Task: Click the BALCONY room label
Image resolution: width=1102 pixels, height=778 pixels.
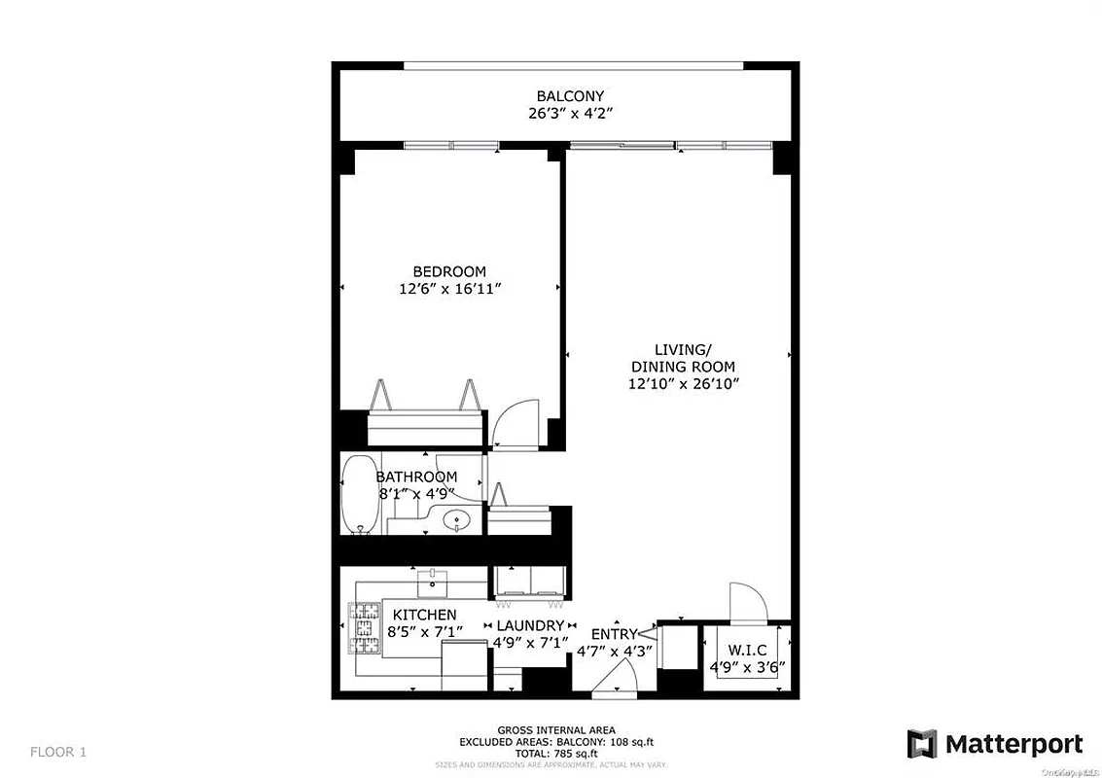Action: [570, 96]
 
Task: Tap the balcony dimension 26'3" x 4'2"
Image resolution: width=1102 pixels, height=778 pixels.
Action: [570, 114]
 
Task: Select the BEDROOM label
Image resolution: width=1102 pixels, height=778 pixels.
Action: [449, 271]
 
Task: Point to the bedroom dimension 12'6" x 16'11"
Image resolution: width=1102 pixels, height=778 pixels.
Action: [449, 289]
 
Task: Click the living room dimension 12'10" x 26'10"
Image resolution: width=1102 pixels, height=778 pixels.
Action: [684, 384]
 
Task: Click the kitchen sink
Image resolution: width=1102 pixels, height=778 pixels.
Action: [432, 583]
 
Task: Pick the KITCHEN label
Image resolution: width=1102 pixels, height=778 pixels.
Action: [424, 615]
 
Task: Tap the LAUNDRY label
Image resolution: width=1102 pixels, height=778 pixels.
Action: [530, 625]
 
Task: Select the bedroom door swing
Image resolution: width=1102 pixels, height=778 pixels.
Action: [512, 424]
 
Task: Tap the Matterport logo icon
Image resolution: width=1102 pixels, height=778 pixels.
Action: [922, 744]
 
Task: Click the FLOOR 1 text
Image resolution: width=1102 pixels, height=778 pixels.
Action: [59, 751]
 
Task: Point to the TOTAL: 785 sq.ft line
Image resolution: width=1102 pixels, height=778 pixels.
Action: [556, 752]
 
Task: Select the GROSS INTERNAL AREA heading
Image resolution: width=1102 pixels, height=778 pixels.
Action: [556, 730]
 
